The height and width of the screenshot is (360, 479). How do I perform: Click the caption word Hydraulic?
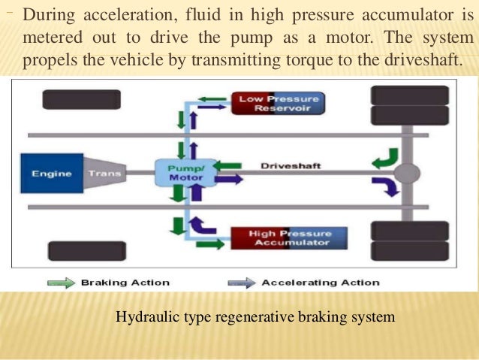[145, 318]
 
